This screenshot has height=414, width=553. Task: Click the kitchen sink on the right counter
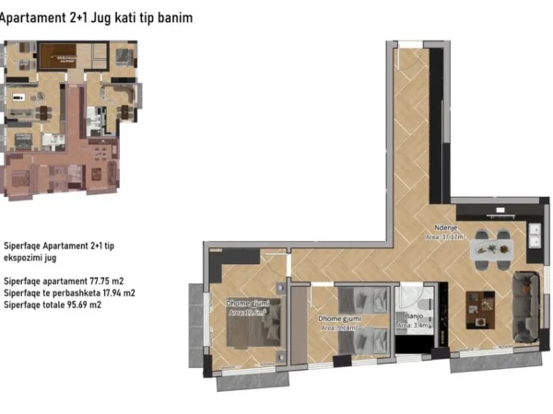[x=534, y=244]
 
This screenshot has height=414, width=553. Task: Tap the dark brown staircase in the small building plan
[x=62, y=56]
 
